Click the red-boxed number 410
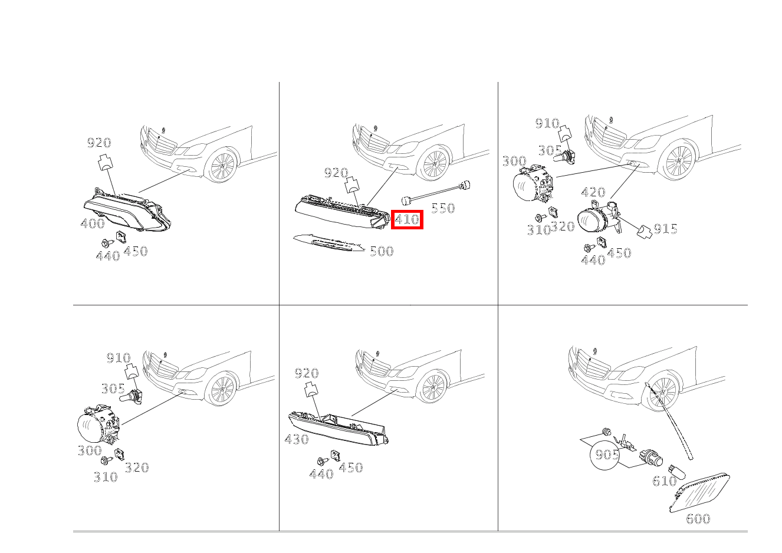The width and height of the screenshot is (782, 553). pyautogui.click(x=407, y=219)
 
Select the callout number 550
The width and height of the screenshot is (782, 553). pyautogui.click(x=443, y=208)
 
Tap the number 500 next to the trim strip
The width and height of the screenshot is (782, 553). pyautogui.click(x=382, y=251)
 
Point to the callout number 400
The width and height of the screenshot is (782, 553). pyautogui.click(x=93, y=223)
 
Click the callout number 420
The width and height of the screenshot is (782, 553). pyautogui.click(x=593, y=192)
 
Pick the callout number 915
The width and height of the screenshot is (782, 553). pyautogui.click(x=665, y=229)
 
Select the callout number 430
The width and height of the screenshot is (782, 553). pyautogui.click(x=297, y=439)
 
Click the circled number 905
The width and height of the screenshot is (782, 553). pyautogui.click(x=607, y=455)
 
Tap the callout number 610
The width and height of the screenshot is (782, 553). pyautogui.click(x=665, y=481)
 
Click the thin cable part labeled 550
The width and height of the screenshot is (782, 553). pyautogui.click(x=436, y=193)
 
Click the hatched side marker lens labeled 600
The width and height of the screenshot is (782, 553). pyautogui.click(x=699, y=493)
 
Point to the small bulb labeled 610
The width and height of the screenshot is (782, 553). pyautogui.click(x=677, y=472)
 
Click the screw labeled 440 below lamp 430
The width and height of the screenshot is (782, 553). pyautogui.click(x=322, y=462)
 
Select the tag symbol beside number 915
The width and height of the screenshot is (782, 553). pyautogui.click(x=645, y=232)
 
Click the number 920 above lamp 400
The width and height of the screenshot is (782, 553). pyautogui.click(x=99, y=142)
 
